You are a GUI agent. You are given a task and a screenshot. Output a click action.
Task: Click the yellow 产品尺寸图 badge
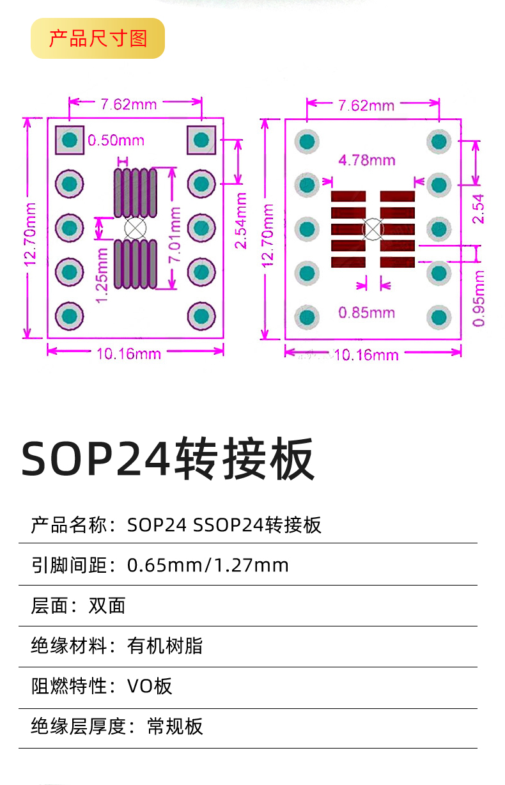(98, 38)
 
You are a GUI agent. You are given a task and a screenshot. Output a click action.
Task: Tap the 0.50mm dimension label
(116, 140)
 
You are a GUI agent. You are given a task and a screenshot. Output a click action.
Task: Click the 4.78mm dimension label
(366, 160)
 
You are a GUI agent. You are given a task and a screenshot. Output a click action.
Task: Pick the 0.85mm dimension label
(366, 313)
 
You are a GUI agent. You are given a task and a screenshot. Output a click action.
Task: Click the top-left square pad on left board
(70, 140)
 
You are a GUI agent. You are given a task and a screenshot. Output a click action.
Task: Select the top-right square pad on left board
(201, 140)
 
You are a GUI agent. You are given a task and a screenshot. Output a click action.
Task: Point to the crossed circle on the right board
(373, 228)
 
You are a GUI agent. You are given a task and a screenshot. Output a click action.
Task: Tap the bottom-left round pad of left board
(70, 315)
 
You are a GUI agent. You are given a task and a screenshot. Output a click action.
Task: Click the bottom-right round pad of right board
(439, 317)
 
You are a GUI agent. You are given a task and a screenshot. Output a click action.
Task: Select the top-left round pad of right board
(307, 141)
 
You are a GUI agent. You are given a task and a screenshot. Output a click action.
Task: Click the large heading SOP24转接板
(167, 459)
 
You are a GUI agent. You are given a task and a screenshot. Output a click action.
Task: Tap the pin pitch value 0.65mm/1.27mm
(208, 565)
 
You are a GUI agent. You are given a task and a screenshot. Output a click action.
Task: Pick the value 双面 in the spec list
(107, 605)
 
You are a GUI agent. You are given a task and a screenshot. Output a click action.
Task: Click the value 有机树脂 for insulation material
(165, 646)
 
